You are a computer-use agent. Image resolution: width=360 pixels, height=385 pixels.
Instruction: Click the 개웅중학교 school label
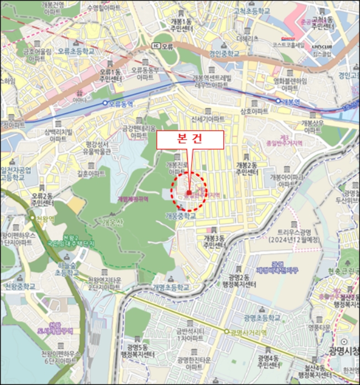[181, 216]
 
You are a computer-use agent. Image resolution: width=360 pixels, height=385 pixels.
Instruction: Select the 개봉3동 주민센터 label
[215, 241]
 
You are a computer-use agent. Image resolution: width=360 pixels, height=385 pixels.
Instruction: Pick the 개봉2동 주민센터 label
[247, 168]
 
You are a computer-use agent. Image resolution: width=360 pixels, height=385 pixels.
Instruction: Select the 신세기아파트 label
[208, 118]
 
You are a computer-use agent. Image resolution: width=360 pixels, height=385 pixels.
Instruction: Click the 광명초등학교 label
[261, 318]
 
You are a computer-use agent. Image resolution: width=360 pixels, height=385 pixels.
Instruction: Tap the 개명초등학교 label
[171, 287]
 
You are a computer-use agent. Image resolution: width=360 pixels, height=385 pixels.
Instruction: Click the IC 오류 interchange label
[163, 46]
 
